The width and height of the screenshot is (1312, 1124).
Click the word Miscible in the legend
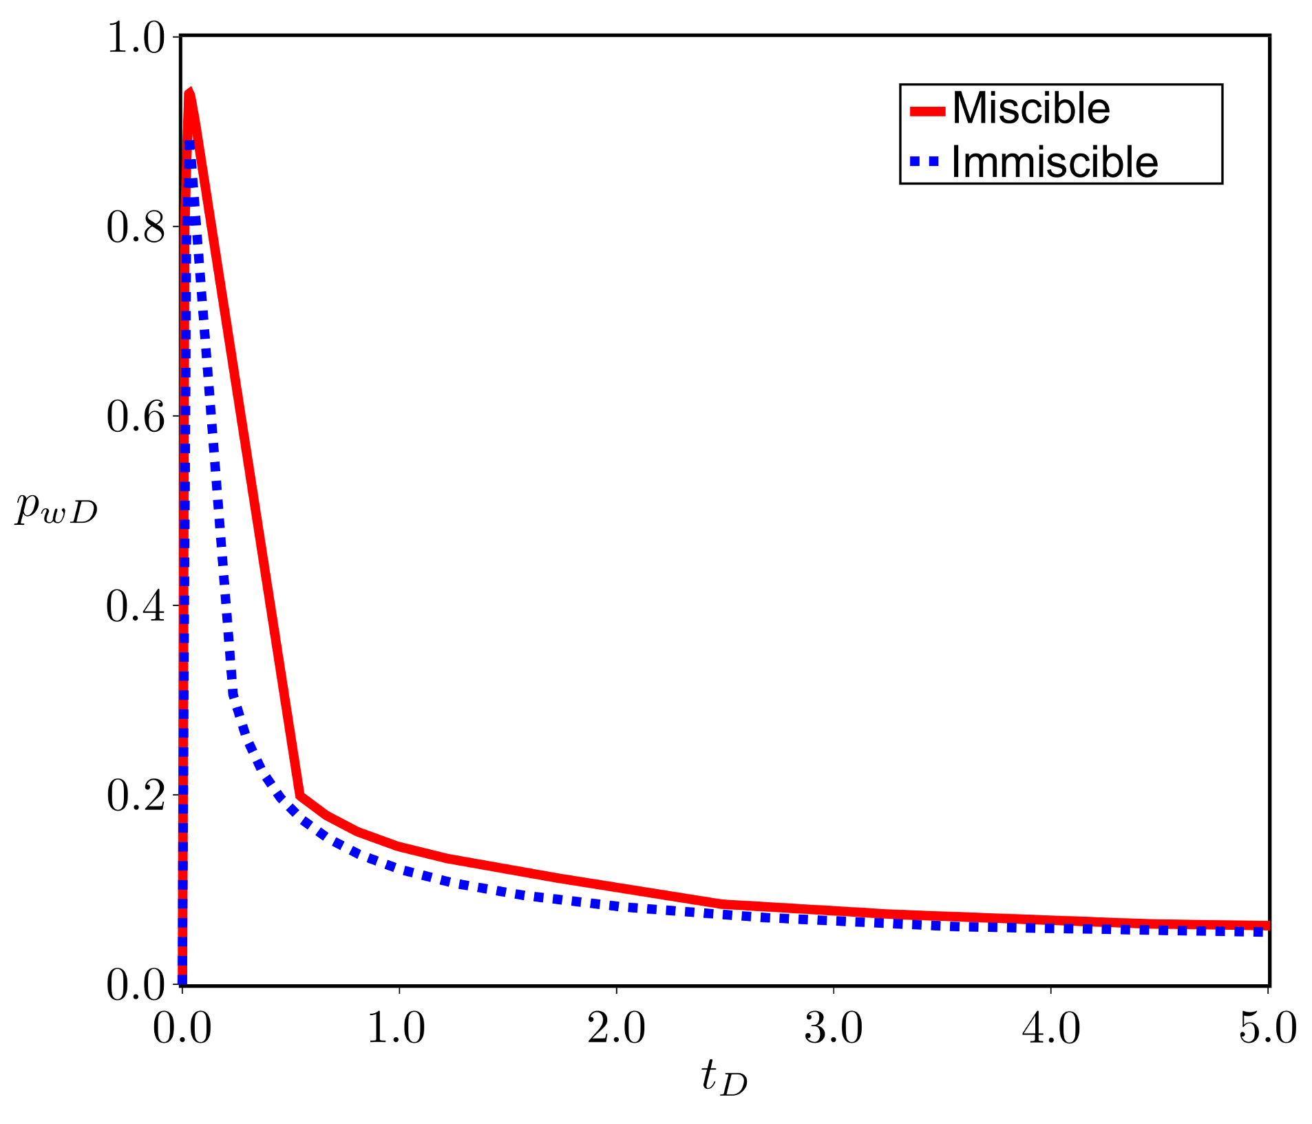(1030, 109)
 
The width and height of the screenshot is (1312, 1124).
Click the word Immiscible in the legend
(1055, 163)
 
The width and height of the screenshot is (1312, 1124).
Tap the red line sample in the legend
(927, 111)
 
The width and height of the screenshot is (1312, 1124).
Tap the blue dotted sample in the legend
(924, 163)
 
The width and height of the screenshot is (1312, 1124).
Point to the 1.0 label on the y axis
(136, 38)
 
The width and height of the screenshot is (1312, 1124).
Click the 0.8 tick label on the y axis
(136, 227)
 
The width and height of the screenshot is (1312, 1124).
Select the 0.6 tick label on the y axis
(136, 417)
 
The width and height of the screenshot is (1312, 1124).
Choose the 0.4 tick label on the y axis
(136, 607)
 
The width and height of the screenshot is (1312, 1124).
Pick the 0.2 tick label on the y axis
(136, 796)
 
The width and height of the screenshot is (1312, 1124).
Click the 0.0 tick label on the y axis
(136, 986)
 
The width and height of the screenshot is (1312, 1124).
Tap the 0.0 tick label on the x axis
(182, 1029)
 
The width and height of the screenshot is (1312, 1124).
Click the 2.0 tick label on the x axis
(616, 1029)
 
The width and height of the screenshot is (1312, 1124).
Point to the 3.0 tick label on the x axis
(834, 1029)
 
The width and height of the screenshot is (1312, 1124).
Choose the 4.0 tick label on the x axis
(1051, 1029)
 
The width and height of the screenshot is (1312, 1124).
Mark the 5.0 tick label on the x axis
(1267, 1029)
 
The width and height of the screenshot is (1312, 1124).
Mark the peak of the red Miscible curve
(190, 93)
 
